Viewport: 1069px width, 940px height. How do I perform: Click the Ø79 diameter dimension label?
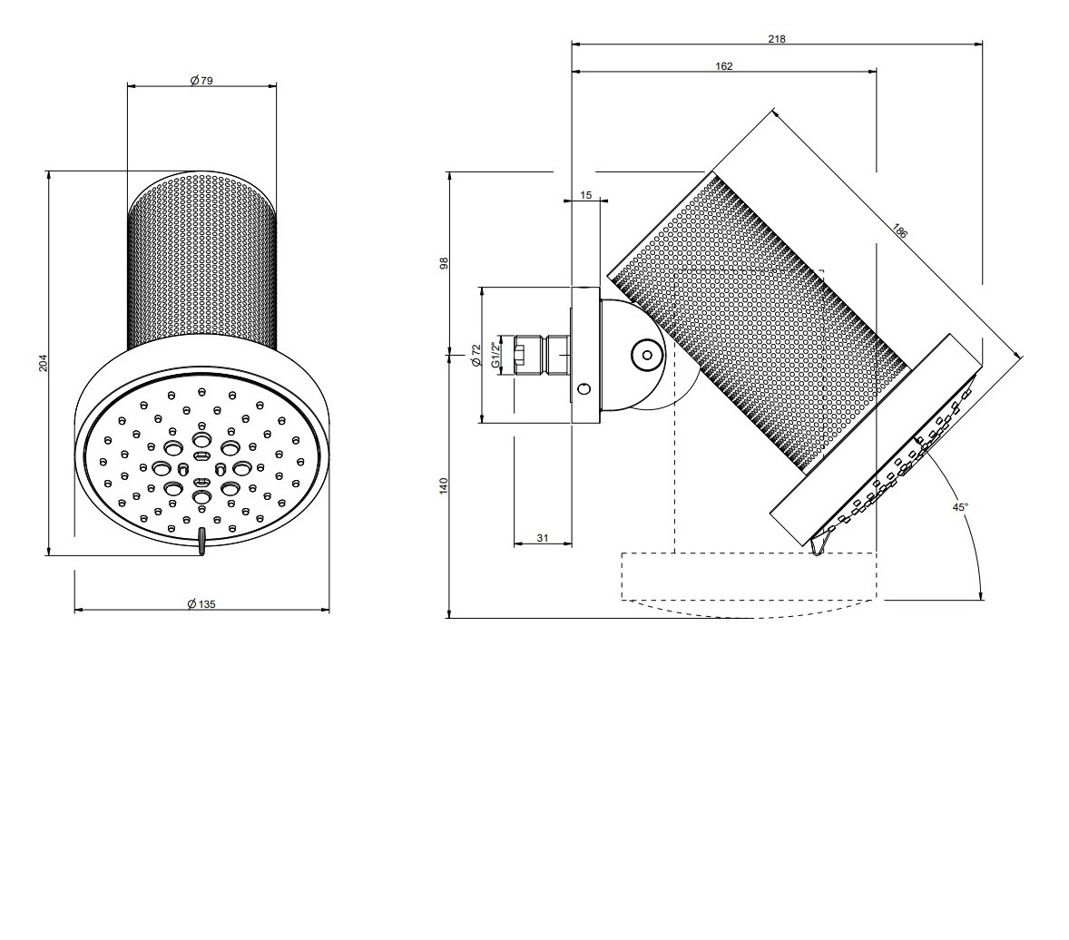[x=201, y=81]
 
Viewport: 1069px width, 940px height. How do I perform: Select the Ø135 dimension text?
[x=201, y=604]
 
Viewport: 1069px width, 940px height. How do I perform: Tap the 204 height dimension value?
[x=43, y=362]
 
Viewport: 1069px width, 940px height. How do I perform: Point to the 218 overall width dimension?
[x=777, y=39]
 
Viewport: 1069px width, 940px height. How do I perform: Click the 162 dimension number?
[x=724, y=66]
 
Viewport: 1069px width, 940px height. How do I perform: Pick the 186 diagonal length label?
[x=899, y=230]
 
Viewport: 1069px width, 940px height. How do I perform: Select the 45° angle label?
[x=961, y=507]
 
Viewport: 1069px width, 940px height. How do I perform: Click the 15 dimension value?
[x=585, y=195]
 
